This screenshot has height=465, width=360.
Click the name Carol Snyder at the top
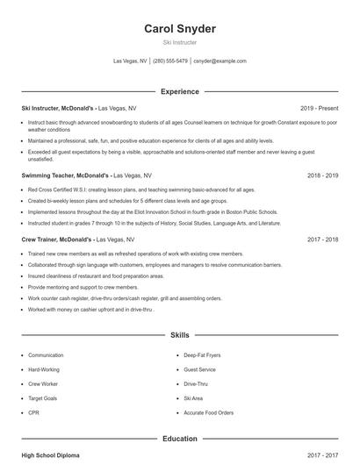[179, 29]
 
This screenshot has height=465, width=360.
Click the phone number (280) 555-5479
[170, 61]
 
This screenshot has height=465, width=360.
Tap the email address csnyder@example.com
[220, 61]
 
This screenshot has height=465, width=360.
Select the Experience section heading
[179, 91]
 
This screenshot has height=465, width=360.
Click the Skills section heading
[179, 335]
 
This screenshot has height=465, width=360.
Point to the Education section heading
[179, 439]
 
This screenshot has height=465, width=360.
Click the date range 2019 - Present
[318, 108]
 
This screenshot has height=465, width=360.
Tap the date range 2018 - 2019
[322, 175]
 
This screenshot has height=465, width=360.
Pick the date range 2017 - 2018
[322, 239]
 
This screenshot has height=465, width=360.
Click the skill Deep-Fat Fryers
[203, 355]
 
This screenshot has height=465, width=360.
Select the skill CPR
[33, 412]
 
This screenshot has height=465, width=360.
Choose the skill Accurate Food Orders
[208, 412]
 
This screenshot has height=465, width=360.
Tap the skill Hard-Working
[44, 369]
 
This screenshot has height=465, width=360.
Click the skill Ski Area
[193, 398]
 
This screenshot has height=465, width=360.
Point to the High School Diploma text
[50, 456]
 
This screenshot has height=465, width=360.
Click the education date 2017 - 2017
[322, 456]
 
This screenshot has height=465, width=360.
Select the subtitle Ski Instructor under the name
[179, 42]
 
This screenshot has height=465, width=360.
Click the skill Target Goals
[42, 398]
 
